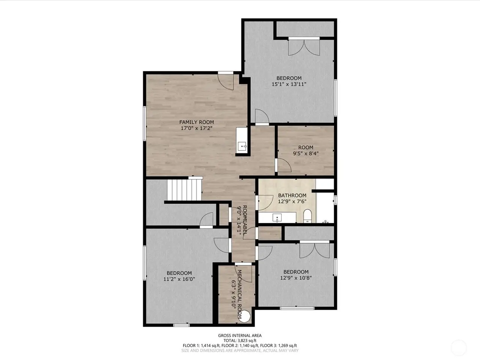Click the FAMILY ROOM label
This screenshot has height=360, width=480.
tap(196, 122)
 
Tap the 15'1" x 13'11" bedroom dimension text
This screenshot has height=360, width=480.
tap(289, 84)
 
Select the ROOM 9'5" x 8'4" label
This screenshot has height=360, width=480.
tap(306, 150)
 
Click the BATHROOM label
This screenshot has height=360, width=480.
tap(292, 195)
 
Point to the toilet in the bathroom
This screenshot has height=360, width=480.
tap(307, 216)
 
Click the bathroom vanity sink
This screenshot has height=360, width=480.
tap(277, 218)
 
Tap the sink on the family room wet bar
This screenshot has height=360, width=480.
tap(242, 146)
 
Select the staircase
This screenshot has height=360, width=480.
tap(184, 190)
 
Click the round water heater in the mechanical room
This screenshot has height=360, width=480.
tap(244, 316)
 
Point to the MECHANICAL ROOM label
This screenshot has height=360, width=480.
tap(240, 294)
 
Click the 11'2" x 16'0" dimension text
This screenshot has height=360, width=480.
tap(179, 279)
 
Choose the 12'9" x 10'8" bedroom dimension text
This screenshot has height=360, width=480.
tap(296, 278)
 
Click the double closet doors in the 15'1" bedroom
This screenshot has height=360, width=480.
tap(304, 47)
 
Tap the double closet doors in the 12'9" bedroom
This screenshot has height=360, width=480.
tap(315, 250)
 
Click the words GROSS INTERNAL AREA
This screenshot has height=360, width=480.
tap(240, 336)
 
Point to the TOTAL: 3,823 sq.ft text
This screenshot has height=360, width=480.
tap(240, 340)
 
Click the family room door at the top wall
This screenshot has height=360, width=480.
tap(226, 82)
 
